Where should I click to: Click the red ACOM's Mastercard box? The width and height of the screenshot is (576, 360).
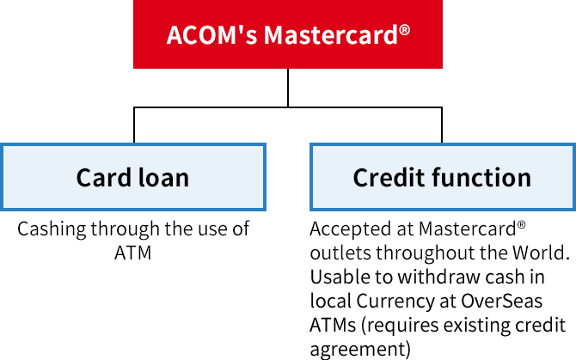click(287, 34)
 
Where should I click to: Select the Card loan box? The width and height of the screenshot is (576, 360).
click(133, 178)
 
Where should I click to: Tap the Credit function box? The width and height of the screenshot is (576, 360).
click(442, 178)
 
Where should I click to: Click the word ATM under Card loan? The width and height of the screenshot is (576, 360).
click(132, 253)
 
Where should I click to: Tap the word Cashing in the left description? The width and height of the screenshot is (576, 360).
click(49, 229)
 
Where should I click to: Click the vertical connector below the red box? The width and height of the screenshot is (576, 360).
click(288, 88)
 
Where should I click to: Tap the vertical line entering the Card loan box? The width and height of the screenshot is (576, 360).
click(134, 125)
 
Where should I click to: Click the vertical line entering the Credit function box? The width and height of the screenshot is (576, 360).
click(442, 125)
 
